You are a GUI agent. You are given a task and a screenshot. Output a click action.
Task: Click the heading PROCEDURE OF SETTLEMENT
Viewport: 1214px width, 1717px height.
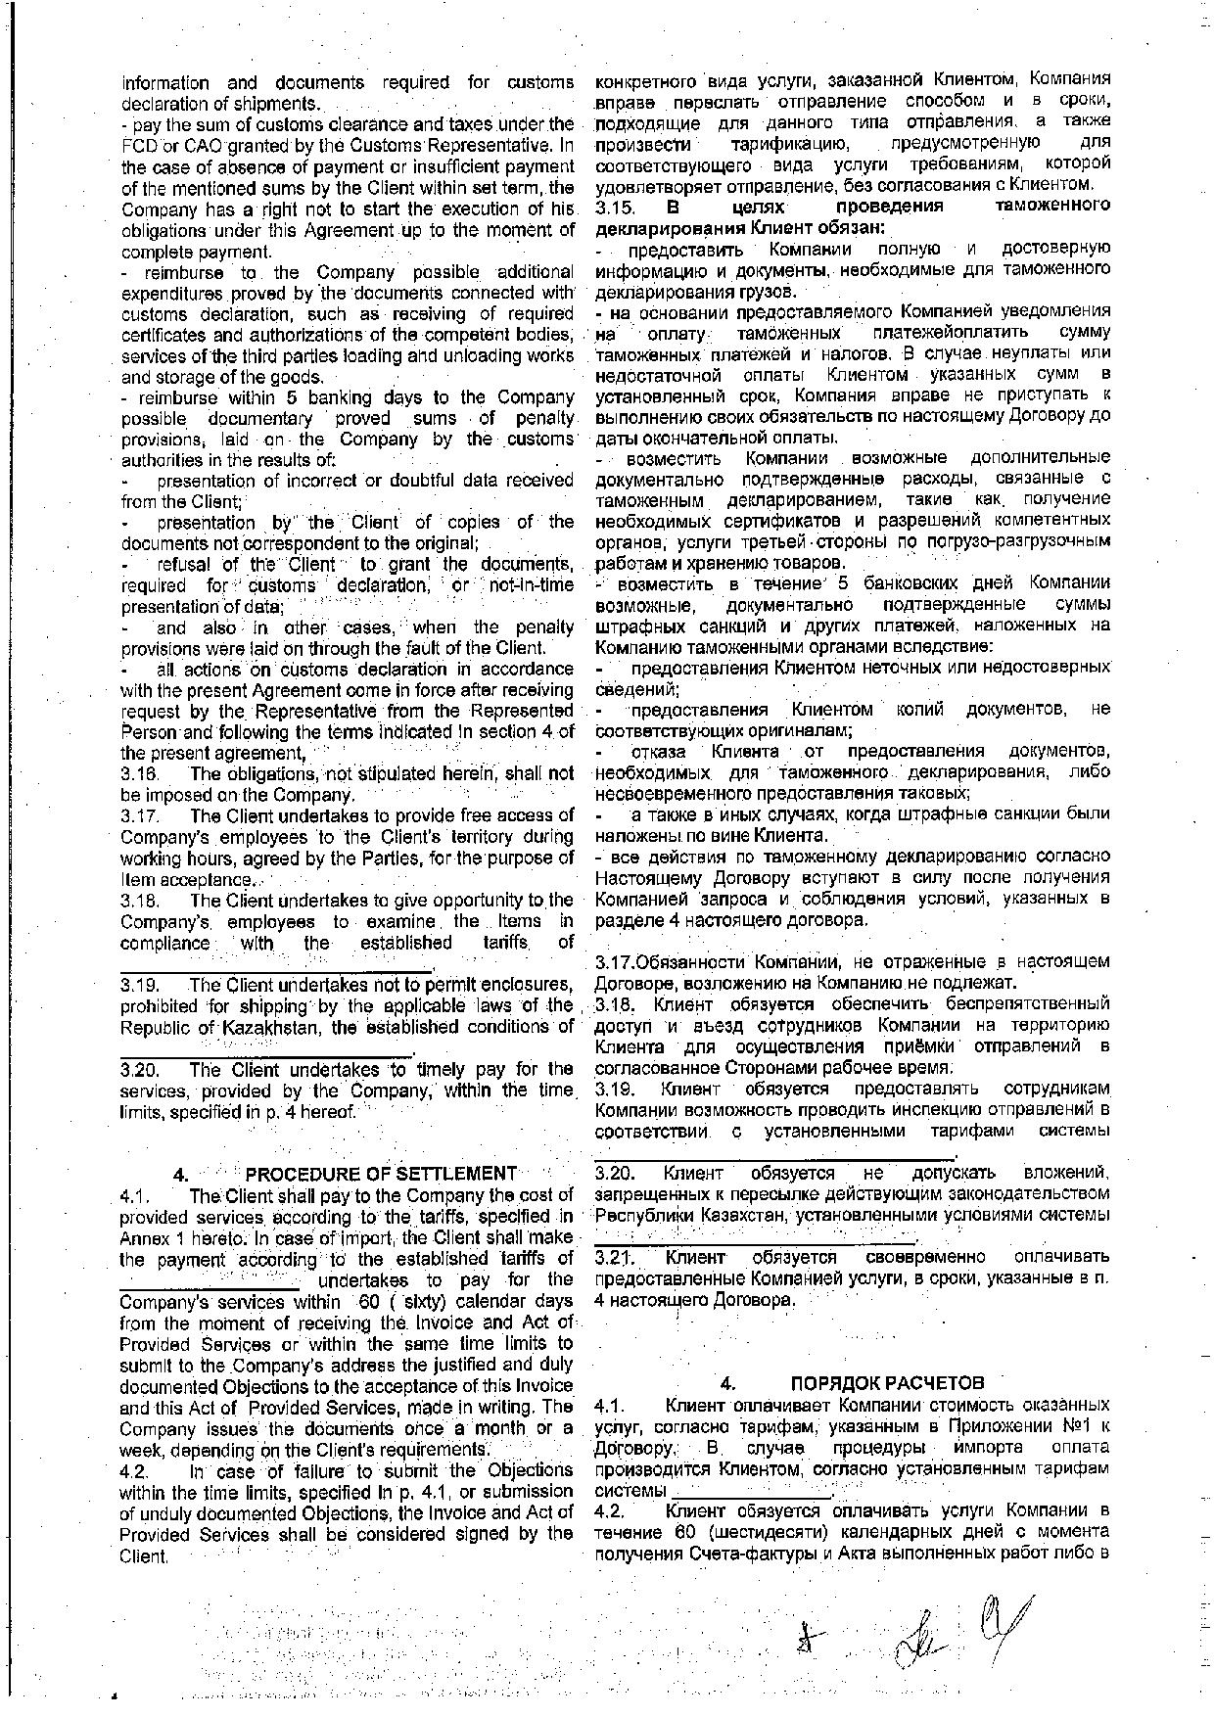tap(381, 1174)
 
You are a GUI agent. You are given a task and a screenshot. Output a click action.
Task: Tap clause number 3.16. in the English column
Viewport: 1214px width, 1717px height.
tap(138, 773)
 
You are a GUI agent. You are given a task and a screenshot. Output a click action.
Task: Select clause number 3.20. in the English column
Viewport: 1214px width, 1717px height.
tap(138, 1069)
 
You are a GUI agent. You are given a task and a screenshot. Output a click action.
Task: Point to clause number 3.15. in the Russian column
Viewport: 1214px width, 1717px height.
tap(616, 207)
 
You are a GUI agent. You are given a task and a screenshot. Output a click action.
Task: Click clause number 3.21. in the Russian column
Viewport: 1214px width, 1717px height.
tap(616, 1257)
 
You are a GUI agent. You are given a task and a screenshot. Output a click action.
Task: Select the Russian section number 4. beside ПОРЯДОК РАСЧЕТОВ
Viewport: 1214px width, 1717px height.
tap(727, 1383)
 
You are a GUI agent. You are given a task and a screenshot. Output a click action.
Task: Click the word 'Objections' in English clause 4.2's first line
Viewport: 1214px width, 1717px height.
tap(528, 1470)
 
